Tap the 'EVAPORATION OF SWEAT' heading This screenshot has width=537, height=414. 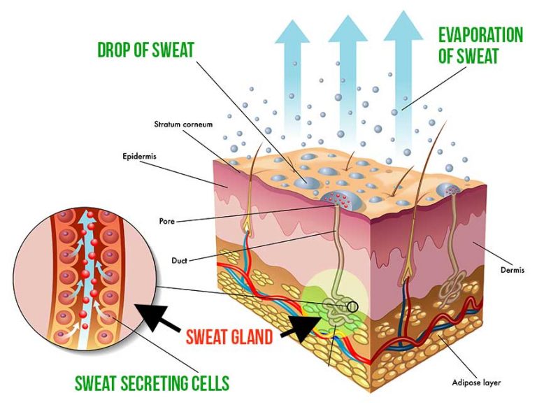[x=480, y=45]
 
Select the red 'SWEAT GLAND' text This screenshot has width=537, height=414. [x=229, y=337]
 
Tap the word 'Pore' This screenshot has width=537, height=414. [x=167, y=222]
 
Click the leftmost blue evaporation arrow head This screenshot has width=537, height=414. [x=291, y=29]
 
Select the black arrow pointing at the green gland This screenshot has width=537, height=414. [x=302, y=328]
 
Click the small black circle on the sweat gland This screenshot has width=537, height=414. [x=352, y=305]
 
